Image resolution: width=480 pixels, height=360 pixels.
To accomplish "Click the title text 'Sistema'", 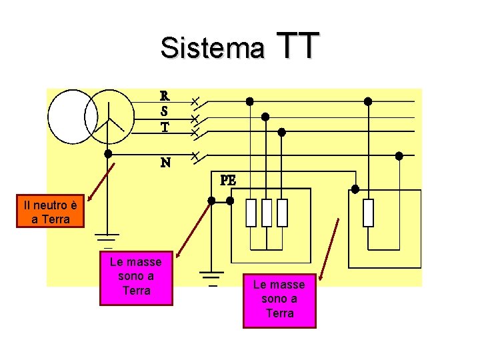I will tap(211, 48).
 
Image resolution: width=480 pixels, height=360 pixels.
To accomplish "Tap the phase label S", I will tap(164, 111).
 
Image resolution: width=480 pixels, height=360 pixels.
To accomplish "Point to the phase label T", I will tap(164, 126).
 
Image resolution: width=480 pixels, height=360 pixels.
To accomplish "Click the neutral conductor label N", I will tap(165, 162).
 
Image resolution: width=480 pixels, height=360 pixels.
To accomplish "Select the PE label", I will tap(228, 180).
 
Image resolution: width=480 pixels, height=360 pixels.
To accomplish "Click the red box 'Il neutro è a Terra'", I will tap(51, 211).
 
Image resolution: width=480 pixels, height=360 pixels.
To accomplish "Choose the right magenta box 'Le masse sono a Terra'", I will tap(279, 299).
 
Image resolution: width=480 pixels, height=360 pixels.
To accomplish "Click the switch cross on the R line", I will tap(194, 102).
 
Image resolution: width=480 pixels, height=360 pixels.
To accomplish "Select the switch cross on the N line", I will tap(194, 157).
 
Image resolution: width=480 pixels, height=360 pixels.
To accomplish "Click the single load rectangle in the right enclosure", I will tap(367, 213).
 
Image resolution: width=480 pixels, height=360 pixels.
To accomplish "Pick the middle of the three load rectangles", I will tap(267, 213).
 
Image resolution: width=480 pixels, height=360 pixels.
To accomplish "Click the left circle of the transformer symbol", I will tap(73, 117).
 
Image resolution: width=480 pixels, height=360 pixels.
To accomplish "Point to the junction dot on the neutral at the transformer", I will tap(108, 153).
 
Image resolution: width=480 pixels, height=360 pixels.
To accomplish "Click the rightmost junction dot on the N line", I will tap(399, 156).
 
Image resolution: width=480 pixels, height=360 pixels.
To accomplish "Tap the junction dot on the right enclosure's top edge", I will tap(355, 189).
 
